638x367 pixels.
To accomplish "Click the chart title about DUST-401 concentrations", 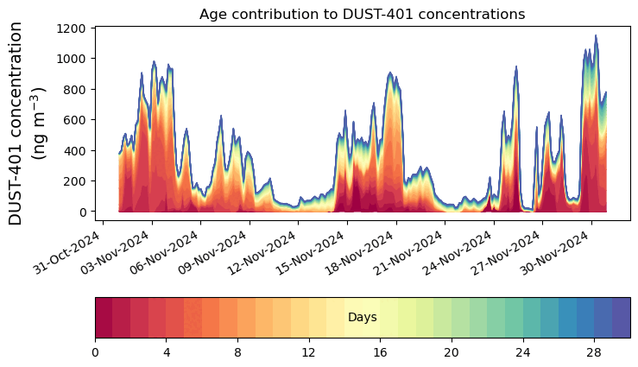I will pos(362,14).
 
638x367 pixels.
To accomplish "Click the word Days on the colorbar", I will pos(362,318).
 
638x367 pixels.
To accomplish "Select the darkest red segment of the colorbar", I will pos(104,318).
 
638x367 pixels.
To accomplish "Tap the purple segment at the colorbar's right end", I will pos(621,318).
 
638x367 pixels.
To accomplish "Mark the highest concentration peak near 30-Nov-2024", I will pos(596,36).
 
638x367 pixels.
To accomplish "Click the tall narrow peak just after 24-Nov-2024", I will pos(515,66).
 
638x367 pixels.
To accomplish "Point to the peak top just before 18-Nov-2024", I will pos(390,73).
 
